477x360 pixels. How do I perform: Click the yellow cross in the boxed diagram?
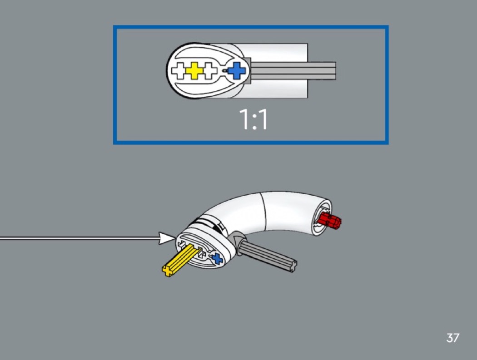tap(194, 71)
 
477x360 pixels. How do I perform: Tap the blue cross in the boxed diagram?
tap(237, 71)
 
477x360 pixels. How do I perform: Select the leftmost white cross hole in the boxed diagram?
tap(180, 71)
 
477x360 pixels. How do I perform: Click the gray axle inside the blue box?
tap(295, 71)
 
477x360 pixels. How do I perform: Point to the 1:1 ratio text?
tap(253, 120)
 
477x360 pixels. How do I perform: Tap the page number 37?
tap(452, 338)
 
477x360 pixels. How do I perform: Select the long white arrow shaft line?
tap(77, 238)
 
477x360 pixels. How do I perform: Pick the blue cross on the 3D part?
tap(217, 259)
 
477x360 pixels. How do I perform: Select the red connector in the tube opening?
tap(330, 221)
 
